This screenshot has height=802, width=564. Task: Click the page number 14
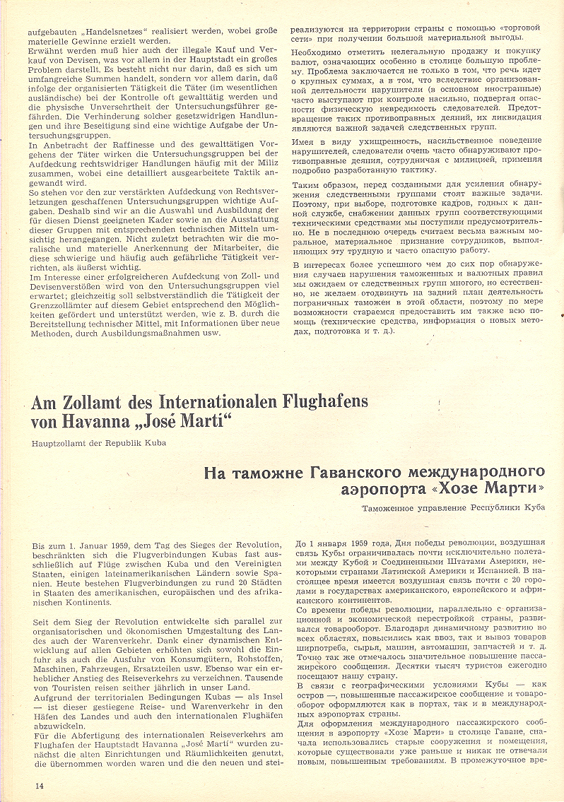click(x=39, y=786)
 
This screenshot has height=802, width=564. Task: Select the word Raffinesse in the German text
click(x=112, y=144)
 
